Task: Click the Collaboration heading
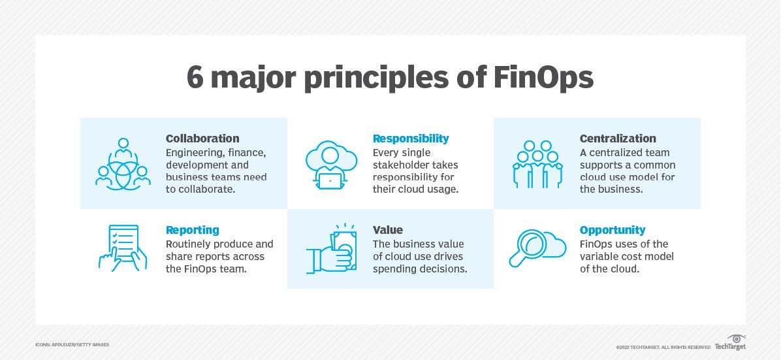(202, 139)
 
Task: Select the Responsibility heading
(411, 139)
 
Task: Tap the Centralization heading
(618, 139)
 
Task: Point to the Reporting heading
(193, 230)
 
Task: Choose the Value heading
(388, 230)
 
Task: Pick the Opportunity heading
(613, 230)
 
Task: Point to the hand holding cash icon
(331, 249)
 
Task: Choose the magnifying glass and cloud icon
(537, 249)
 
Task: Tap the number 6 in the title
(194, 78)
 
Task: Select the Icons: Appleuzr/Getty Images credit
(72, 344)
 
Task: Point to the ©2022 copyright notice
(663, 347)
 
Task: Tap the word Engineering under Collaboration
(195, 152)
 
